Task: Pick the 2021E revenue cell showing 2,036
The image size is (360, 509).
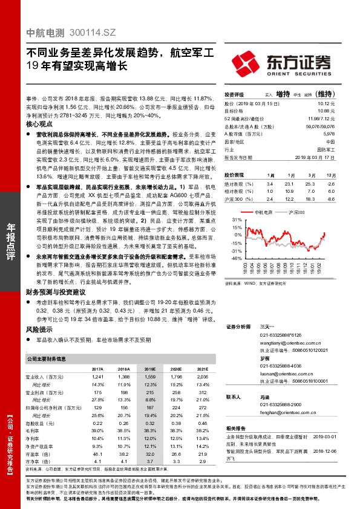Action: (202, 377)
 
